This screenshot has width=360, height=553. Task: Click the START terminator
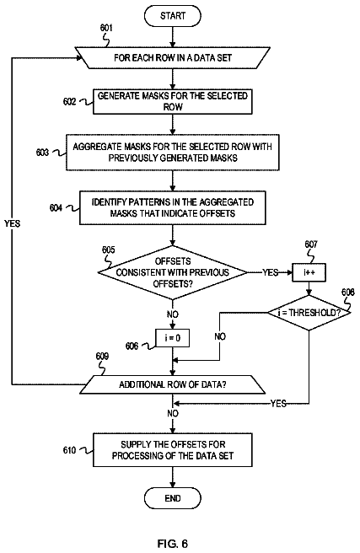coord(173,16)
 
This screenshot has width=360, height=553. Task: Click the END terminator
coord(173,498)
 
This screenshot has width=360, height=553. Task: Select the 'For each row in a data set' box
coord(173,57)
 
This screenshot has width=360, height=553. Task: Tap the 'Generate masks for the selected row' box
coord(173,101)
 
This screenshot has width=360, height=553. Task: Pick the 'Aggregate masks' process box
coord(173,152)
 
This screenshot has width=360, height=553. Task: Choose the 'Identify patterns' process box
coord(173,207)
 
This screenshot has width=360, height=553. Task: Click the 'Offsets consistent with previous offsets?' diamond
coord(173,272)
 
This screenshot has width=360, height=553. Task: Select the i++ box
coord(309,272)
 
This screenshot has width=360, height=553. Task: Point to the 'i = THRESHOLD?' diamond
coord(309,313)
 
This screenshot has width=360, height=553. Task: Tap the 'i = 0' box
coord(173,338)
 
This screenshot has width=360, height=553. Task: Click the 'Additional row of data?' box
coord(173,384)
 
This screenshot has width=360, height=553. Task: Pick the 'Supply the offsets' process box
coord(173,450)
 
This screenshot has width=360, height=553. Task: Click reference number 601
coord(106,28)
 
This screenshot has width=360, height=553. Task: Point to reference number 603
coord(42,153)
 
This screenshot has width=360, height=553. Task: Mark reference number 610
coord(69,450)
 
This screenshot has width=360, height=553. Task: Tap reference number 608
coord(348,292)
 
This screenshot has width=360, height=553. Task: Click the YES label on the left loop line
coord(13,223)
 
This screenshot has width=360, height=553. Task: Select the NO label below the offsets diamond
coord(173,314)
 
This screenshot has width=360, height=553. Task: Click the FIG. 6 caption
coord(173,544)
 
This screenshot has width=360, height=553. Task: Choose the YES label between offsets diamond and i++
coord(270,272)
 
